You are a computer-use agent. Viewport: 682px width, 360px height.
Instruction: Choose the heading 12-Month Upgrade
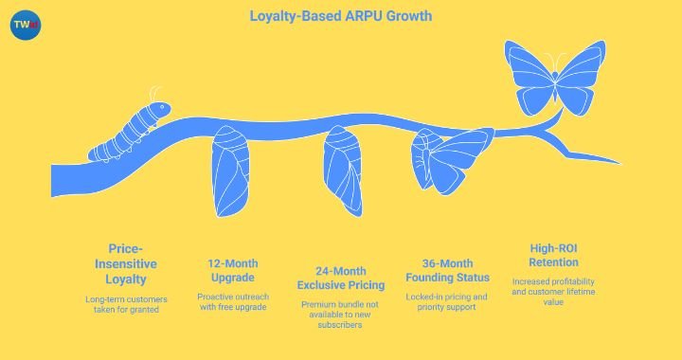(x=232, y=271)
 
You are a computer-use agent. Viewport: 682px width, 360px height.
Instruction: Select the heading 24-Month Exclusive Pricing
(x=342, y=278)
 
